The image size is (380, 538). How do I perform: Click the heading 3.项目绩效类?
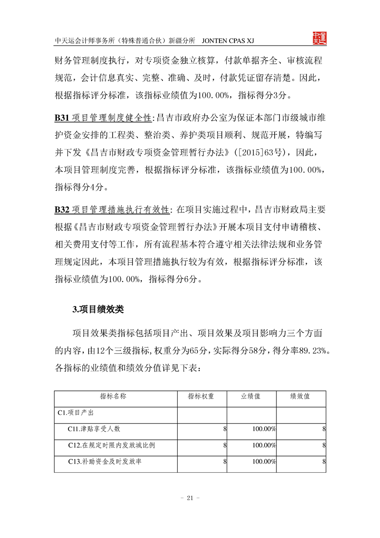point(98,309)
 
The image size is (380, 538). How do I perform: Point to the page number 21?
point(189,498)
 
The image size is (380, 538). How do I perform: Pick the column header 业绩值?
point(251,397)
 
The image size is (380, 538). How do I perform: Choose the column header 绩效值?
point(300,397)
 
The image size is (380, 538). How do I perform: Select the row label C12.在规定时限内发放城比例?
point(111,445)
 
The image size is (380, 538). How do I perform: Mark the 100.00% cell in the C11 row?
point(264,429)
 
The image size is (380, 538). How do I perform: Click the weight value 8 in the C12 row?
point(224,445)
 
